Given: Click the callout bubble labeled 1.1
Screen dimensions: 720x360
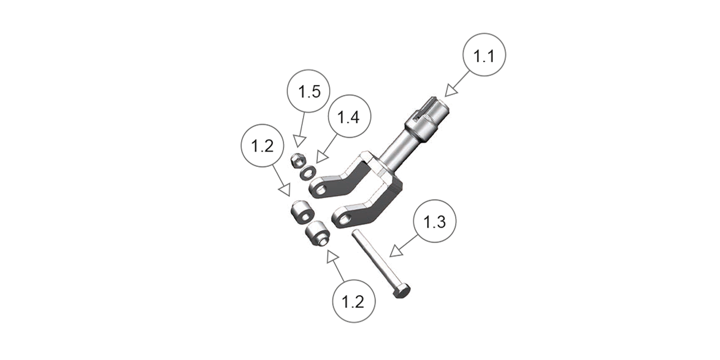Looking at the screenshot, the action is pyautogui.click(x=484, y=55).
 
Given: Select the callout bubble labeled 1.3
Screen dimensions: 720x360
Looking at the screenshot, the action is pyautogui.click(x=435, y=221).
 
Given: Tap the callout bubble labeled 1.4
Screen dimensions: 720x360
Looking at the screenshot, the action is pyautogui.click(x=349, y=117).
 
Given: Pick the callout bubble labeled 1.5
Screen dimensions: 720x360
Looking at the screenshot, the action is pyautogui.click(x=309, y=91).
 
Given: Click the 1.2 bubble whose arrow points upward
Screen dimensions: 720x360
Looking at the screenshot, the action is pyautogui.click(x=354, y=301).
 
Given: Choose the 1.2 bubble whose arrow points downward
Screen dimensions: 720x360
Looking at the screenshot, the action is pyautogui.click(x=262, y=145).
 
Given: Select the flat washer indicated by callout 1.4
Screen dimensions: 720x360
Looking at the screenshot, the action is pyautogui.click(x=307, y=172).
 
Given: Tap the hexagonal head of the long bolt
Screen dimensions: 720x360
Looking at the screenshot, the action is pyautogui.click(x=401, y=291).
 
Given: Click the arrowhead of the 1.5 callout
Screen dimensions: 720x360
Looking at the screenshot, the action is pyautogui.click(x=299, y=141).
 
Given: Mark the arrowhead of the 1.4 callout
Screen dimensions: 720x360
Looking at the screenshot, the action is pyautogui.click(x=322, y=158).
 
